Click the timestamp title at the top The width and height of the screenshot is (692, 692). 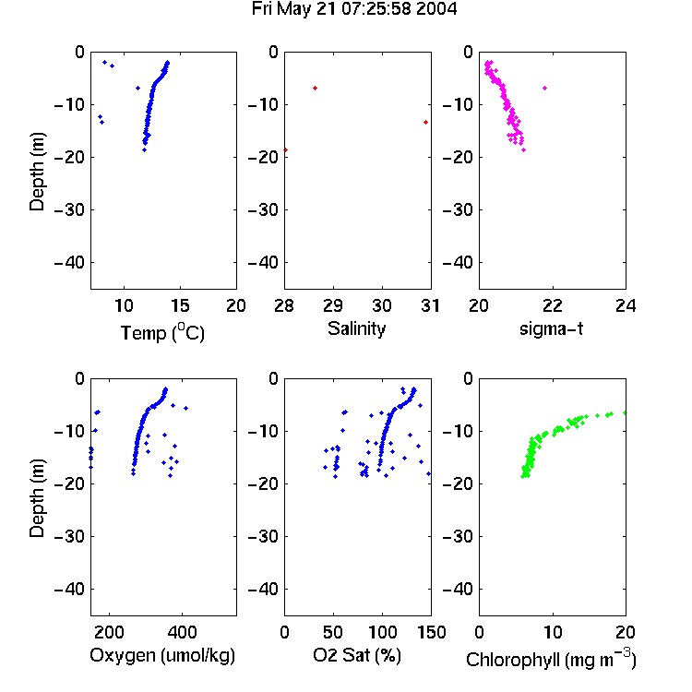(x=354, y=9)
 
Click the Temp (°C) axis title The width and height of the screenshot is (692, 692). (x=162, y=333)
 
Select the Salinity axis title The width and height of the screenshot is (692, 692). (x=356, y=328)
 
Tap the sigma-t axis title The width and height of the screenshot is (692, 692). (x=551, y=328)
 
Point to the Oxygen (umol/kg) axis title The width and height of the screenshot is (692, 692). (x=162, y=656)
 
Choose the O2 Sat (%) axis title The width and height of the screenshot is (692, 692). (x=357, y=656)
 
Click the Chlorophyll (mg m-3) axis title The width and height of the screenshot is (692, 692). (x=551, y=659)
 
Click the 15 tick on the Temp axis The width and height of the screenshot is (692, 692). (x=180, y=305)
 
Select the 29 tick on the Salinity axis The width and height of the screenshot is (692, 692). (x=333, y=305)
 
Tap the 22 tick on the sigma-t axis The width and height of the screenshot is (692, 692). (x=552, y=305)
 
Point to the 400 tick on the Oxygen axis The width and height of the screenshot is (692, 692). (x=183, y=632)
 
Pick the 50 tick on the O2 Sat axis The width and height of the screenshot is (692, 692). (x=333, y=632)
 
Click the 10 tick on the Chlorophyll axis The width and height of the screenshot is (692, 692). (x=552, y=632)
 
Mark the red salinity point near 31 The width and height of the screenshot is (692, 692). (x=425, y=122)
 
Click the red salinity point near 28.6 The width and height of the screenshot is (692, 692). (x=316, y=89)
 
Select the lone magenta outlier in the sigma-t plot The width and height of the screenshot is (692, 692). (x=545, y=89)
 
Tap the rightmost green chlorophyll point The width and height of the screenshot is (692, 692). (x=625, y=412)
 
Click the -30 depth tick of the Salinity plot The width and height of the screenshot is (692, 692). (x=265, y=209)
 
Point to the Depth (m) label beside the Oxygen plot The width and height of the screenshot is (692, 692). (x=37, y=498)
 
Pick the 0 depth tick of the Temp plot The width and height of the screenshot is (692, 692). (x=79, y=52)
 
